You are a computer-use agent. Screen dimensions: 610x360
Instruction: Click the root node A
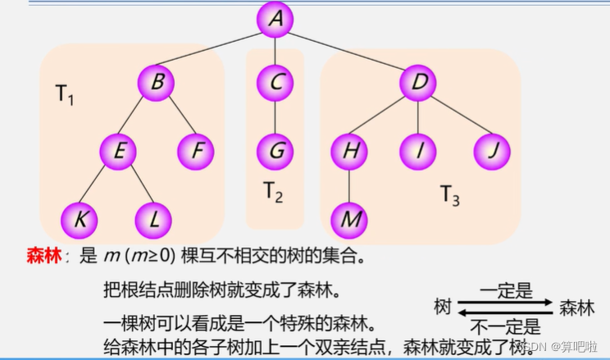(275, 20)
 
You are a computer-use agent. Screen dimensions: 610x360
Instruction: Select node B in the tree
(157, 82)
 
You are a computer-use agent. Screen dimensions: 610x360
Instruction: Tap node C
(275, 82)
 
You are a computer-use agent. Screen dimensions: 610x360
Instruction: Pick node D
(418, 82)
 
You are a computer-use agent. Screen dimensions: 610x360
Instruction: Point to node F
(196, 151)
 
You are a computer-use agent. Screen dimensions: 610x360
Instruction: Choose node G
(275, 151)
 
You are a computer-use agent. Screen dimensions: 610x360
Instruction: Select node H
(350, 151)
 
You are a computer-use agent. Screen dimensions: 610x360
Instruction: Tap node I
(418, 151)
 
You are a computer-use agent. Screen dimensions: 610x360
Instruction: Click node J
(491, 151)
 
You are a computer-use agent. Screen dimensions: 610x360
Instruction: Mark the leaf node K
(80, 219)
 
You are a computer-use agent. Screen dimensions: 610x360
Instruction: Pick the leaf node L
(153, 219)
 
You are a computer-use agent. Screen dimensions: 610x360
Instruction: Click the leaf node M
(350, 219)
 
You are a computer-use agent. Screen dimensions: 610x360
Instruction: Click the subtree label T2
(273, 193)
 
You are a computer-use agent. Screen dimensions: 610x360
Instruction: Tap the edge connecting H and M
(350, 185)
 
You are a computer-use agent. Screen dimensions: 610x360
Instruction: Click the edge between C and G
(275, 116)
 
